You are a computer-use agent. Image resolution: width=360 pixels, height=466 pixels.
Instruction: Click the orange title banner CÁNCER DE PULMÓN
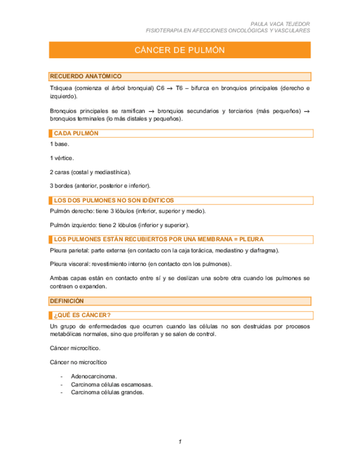click(x=180, y=50)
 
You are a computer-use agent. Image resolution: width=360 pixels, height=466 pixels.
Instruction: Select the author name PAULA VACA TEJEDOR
click(x=280, y=25)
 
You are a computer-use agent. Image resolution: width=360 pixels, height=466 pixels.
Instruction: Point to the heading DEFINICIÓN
click(x=67, y=301)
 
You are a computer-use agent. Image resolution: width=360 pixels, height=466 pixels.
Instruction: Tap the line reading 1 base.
click(x=59, y=144)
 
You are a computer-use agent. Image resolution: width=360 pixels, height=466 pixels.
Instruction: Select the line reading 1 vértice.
click(x=61, y=158)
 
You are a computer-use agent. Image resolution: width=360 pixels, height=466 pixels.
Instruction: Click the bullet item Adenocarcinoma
click(x=94, y=376)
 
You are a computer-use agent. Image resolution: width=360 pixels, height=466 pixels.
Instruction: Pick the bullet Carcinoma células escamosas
click(x=112, y=385)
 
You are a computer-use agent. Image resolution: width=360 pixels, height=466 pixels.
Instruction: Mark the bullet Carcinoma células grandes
click(x=107, y=392)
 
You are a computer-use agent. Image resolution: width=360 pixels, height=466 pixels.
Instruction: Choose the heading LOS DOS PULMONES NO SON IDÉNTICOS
click(x=114, y=201)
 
